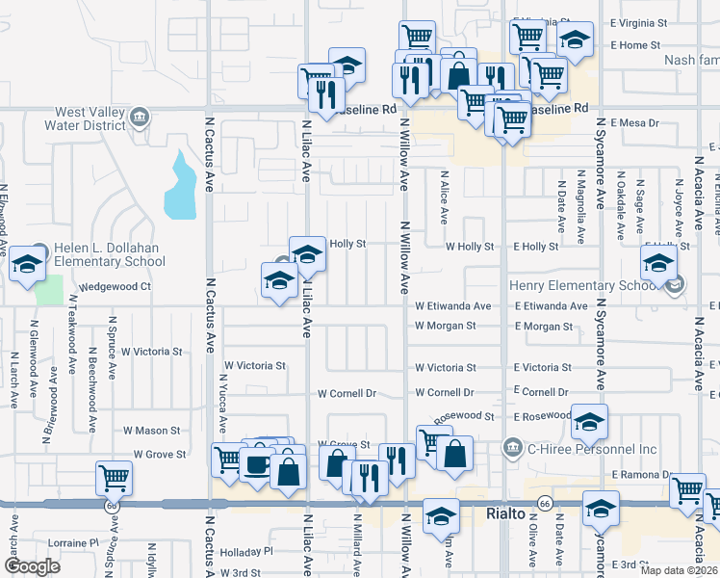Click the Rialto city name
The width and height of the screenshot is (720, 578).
click(x=504, y=514)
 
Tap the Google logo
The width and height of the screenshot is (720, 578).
click(x=32, y=566)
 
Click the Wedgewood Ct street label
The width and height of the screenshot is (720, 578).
click(x=116, y=286)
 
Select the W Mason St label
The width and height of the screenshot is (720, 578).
click(x=151, y=431)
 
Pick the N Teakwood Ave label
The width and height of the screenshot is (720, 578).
click(x=72, y=332)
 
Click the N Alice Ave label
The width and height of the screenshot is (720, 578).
click(x=444, y=198)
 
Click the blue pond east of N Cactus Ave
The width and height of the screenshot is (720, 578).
click(x=180, y=186)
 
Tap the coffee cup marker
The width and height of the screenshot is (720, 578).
click(x=257, y=464)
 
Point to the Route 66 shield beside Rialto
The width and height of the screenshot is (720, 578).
click(x=545, y=504)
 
